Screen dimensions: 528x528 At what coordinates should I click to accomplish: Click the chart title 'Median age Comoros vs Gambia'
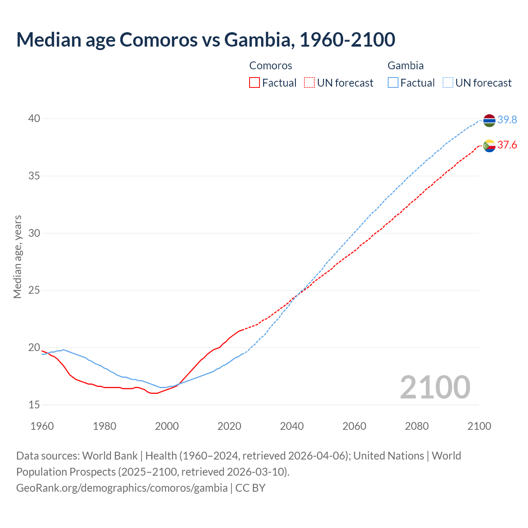point(205,40)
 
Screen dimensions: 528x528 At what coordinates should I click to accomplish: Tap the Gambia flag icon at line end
point(489,120)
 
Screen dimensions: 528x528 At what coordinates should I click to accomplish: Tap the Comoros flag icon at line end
point(489,146)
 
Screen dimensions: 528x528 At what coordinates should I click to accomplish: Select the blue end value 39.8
point(507,120)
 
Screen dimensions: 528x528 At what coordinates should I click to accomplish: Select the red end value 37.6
point(507,145)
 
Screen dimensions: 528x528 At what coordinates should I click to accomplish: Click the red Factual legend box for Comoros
point(255,83)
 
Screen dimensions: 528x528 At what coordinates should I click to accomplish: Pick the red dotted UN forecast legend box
point(309,83)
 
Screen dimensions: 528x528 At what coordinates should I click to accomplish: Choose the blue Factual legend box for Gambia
point(393,83)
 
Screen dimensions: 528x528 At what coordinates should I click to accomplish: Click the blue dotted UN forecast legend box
point(448,83)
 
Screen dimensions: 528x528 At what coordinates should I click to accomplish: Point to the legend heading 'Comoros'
point(271,66)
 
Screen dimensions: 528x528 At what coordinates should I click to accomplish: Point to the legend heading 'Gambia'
point(405,66)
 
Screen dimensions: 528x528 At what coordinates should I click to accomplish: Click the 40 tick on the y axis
point(34,119)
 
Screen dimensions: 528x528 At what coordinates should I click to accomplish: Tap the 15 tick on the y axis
point(34,405)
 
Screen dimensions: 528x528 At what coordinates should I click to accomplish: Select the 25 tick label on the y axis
point(34,290)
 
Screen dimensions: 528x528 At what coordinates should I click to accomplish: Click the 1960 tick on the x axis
point(42,426)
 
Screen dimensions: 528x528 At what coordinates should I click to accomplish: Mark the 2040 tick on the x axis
point(292,426)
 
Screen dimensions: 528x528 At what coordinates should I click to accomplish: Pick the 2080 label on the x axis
point(417,426)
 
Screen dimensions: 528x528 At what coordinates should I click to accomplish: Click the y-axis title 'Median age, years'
point(17,257)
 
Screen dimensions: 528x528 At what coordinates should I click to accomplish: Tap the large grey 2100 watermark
point(435,387)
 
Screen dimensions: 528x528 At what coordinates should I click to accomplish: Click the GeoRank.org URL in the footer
point(122,488)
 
